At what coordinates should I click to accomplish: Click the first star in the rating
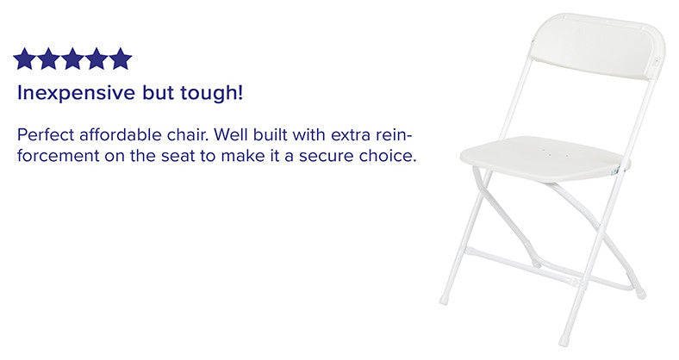click(24, 59)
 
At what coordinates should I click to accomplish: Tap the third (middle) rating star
click(72, 59)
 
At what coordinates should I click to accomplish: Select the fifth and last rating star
click(121, 59)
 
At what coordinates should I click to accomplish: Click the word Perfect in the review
click(44, 136)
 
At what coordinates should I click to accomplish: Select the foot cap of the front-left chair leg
click(444, 300)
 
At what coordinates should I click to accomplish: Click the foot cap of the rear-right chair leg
click(640, 294)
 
